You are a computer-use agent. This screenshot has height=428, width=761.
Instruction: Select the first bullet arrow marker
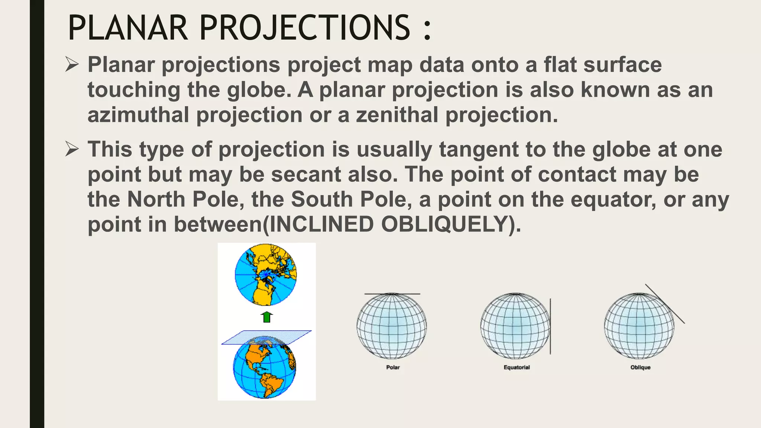pos(72,64)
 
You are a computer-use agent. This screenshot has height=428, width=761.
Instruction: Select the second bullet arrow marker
pos(72,149)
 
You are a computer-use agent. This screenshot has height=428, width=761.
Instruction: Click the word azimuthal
pos(138,114)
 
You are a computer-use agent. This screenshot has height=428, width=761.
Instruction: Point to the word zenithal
pos(397,114)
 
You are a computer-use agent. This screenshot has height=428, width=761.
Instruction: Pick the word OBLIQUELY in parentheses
pos(444,224)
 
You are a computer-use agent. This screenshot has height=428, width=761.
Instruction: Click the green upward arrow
pos(266,317)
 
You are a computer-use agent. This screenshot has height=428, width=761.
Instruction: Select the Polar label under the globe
pos(393,367)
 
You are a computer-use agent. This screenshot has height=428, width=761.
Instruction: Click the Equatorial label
pos(516,367)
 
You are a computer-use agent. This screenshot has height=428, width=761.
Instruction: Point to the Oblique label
pos(640,367)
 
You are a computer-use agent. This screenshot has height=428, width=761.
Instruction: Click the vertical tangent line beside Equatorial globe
pos(550,326)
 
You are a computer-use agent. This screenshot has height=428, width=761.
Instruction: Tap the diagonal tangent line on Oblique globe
pos(665,304)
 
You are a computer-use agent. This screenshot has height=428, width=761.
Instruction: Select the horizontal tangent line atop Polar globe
pos(392,294)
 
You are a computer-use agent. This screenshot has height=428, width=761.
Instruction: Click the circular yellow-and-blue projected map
pos(266,275)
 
